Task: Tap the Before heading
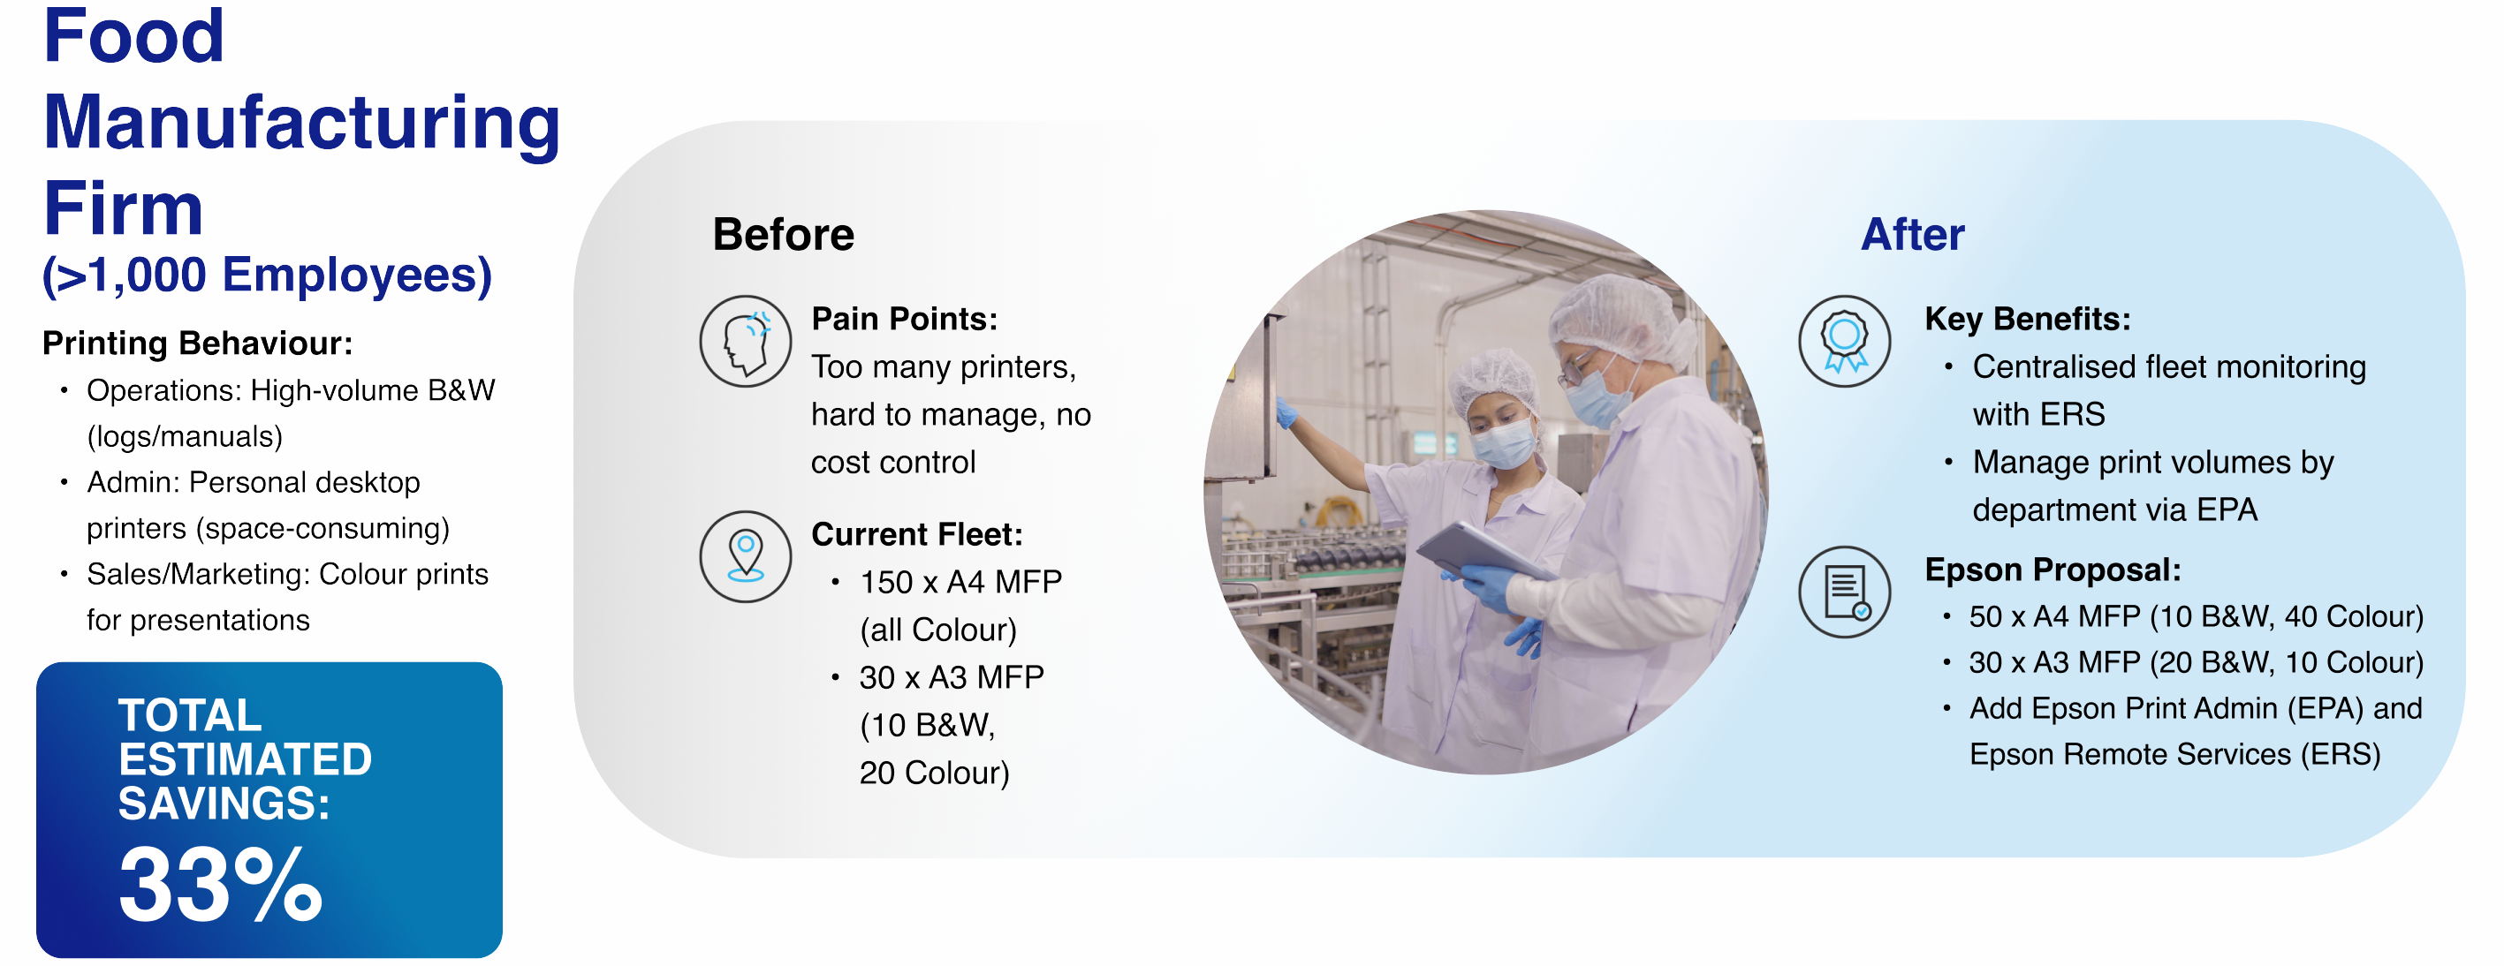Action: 784,234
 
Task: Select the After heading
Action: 1912,234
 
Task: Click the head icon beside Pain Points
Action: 746,341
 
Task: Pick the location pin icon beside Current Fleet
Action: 746,557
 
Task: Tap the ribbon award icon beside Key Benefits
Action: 1844,341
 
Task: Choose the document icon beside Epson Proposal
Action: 1844,592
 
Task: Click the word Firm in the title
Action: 124,208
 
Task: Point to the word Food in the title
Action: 134,36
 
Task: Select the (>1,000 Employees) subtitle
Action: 268,275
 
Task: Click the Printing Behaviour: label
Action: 197,343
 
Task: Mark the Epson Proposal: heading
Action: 2053,570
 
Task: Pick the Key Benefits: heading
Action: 2028,319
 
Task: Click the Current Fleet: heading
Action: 916,534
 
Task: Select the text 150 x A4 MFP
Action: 960,582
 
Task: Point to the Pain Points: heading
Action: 904,319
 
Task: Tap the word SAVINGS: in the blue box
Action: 224,804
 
